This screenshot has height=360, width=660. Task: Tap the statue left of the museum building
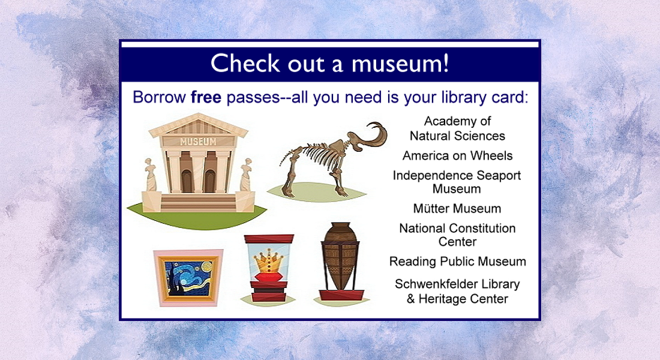tap(151, 175)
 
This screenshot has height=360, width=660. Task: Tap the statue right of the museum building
tap(246, 175)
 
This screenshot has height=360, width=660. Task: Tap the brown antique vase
tap(340, 255)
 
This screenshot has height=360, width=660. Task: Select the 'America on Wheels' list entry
tap(457, 156)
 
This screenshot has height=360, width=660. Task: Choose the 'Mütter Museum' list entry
tap(457, 209)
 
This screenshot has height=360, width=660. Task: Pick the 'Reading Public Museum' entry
tap(457, 262)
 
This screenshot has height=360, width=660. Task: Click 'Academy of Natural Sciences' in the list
tap(457, 128)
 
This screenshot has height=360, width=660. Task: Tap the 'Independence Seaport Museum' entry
tap(457, 182)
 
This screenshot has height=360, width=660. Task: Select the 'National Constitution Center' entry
tap(457, 235)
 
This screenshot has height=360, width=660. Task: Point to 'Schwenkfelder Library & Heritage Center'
tap(457, 291)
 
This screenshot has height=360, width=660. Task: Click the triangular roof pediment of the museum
tap(198, 127)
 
